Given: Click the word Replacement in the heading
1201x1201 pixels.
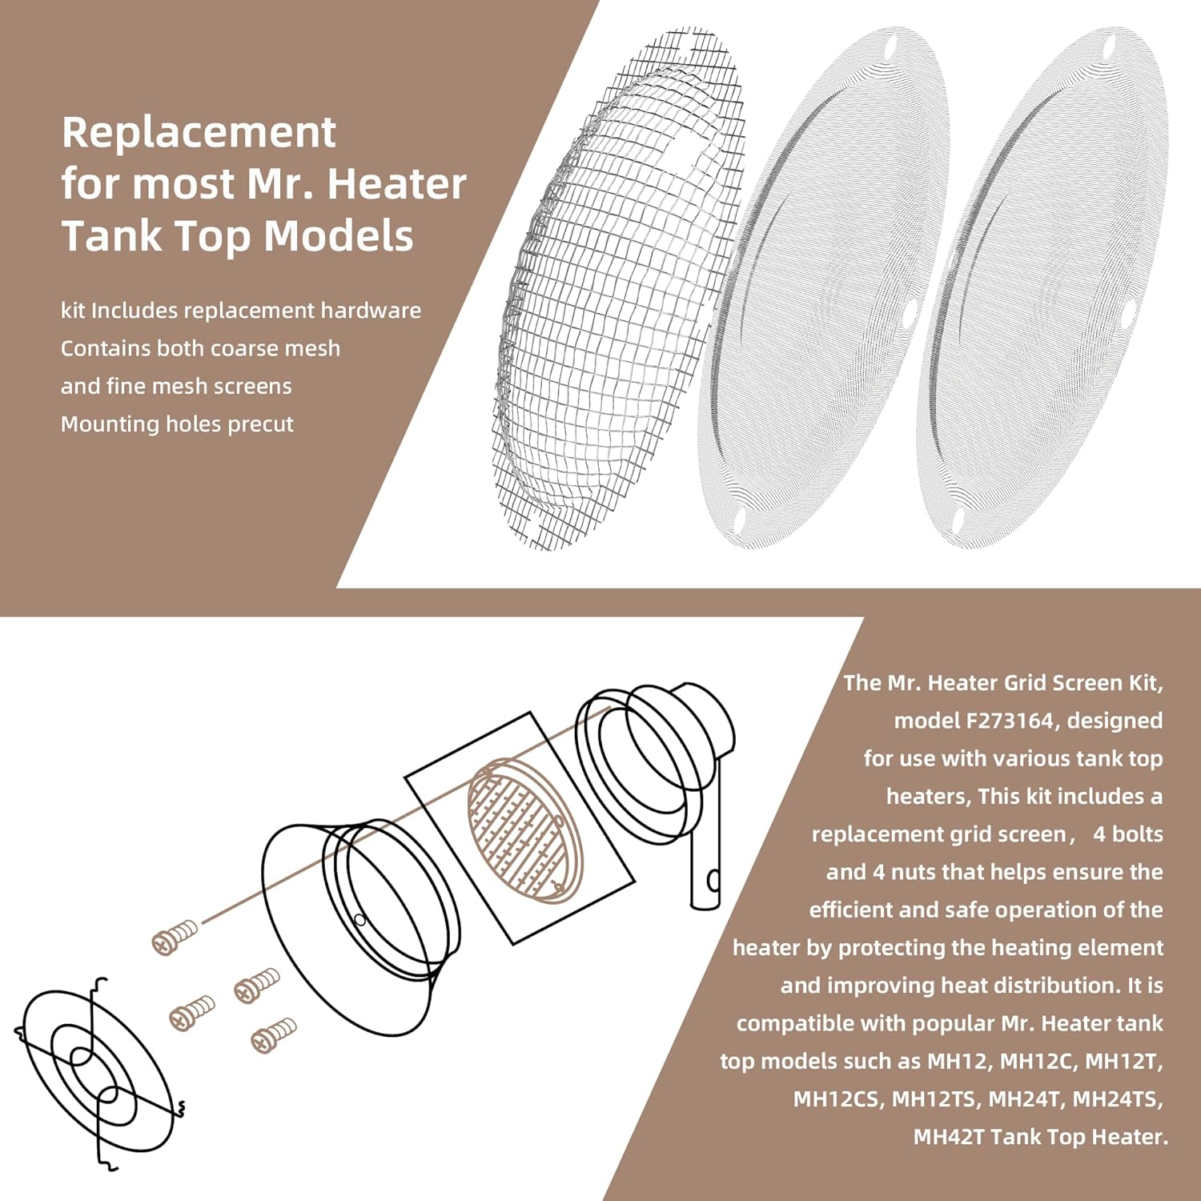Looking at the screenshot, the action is [x=199, y=133].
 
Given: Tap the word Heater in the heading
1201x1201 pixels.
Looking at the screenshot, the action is [x=397, y=184].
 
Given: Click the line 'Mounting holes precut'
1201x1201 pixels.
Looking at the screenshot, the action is [x=177, y=424].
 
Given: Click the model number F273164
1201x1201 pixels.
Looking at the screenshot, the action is [x=1009, y=721].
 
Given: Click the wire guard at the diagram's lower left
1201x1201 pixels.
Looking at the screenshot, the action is [x=96, y=1073].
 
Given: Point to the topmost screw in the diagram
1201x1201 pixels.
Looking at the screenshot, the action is [x=174, y=936].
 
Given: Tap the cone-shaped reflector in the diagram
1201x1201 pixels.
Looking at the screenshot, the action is [x=360, y=921].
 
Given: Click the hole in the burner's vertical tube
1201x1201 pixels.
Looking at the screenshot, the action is [x=713, y=881].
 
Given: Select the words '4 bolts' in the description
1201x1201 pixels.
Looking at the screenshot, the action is [x=1127, y=834].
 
